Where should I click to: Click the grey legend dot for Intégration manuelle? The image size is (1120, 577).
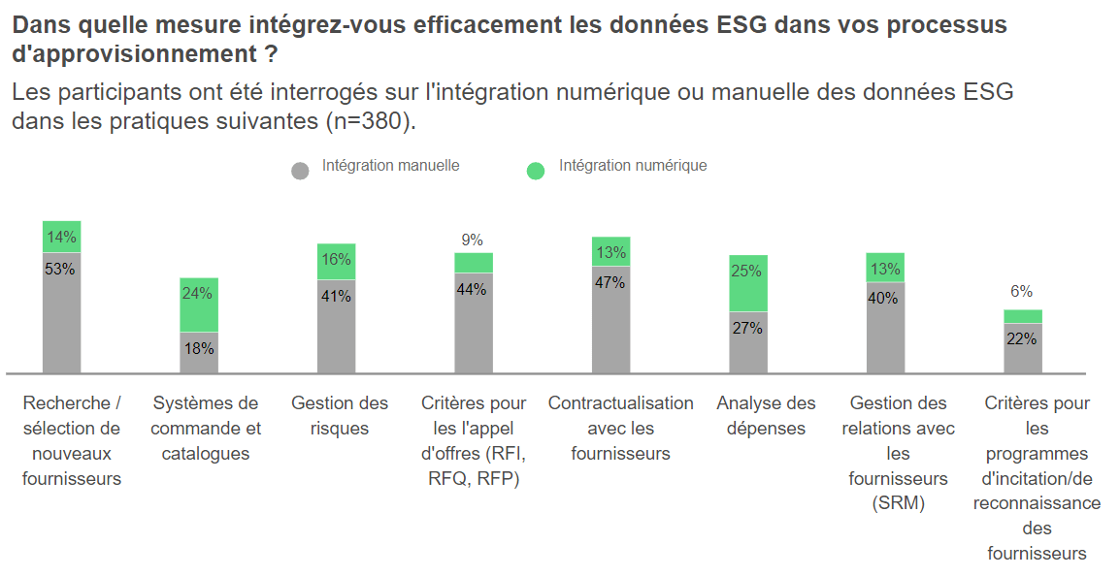[300, 171]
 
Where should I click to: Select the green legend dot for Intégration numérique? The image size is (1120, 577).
[536, 171]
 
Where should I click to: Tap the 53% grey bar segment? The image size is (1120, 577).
[61, 312]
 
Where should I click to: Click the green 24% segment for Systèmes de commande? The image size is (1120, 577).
[199, 305]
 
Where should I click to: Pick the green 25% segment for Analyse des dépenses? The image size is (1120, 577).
[748, 283]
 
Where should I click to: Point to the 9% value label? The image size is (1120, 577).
[473, 240]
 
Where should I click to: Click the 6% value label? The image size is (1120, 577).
[1022, 291]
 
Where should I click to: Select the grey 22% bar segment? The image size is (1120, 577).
[1023, 348]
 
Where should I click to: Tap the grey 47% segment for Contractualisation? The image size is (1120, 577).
[611, 319]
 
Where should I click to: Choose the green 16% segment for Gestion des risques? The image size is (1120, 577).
[336, 262]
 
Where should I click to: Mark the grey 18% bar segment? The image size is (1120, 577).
[199, 353]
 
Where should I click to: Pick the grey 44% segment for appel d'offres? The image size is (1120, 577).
[474, 323]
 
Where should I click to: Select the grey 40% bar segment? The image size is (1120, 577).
[885, 327]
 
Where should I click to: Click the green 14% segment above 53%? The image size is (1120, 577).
[61, 237]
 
